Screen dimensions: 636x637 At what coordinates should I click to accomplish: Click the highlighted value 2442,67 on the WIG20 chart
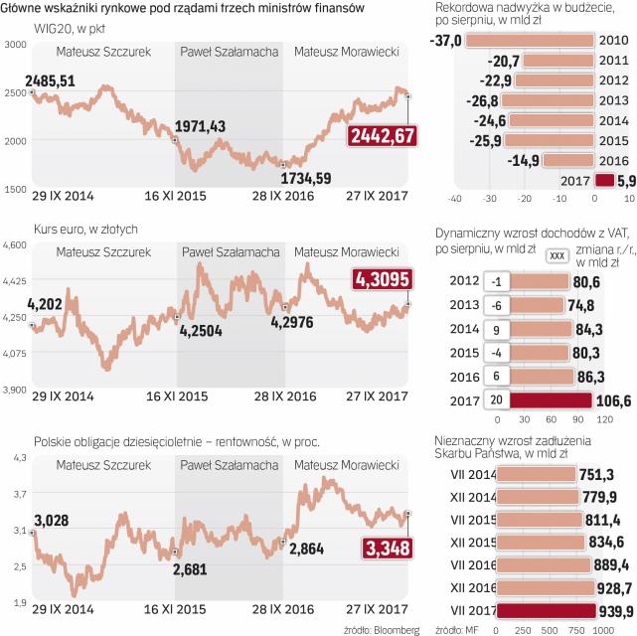(x=381, y=138)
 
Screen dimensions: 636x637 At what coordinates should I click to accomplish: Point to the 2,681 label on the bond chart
(x=190, y=568)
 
